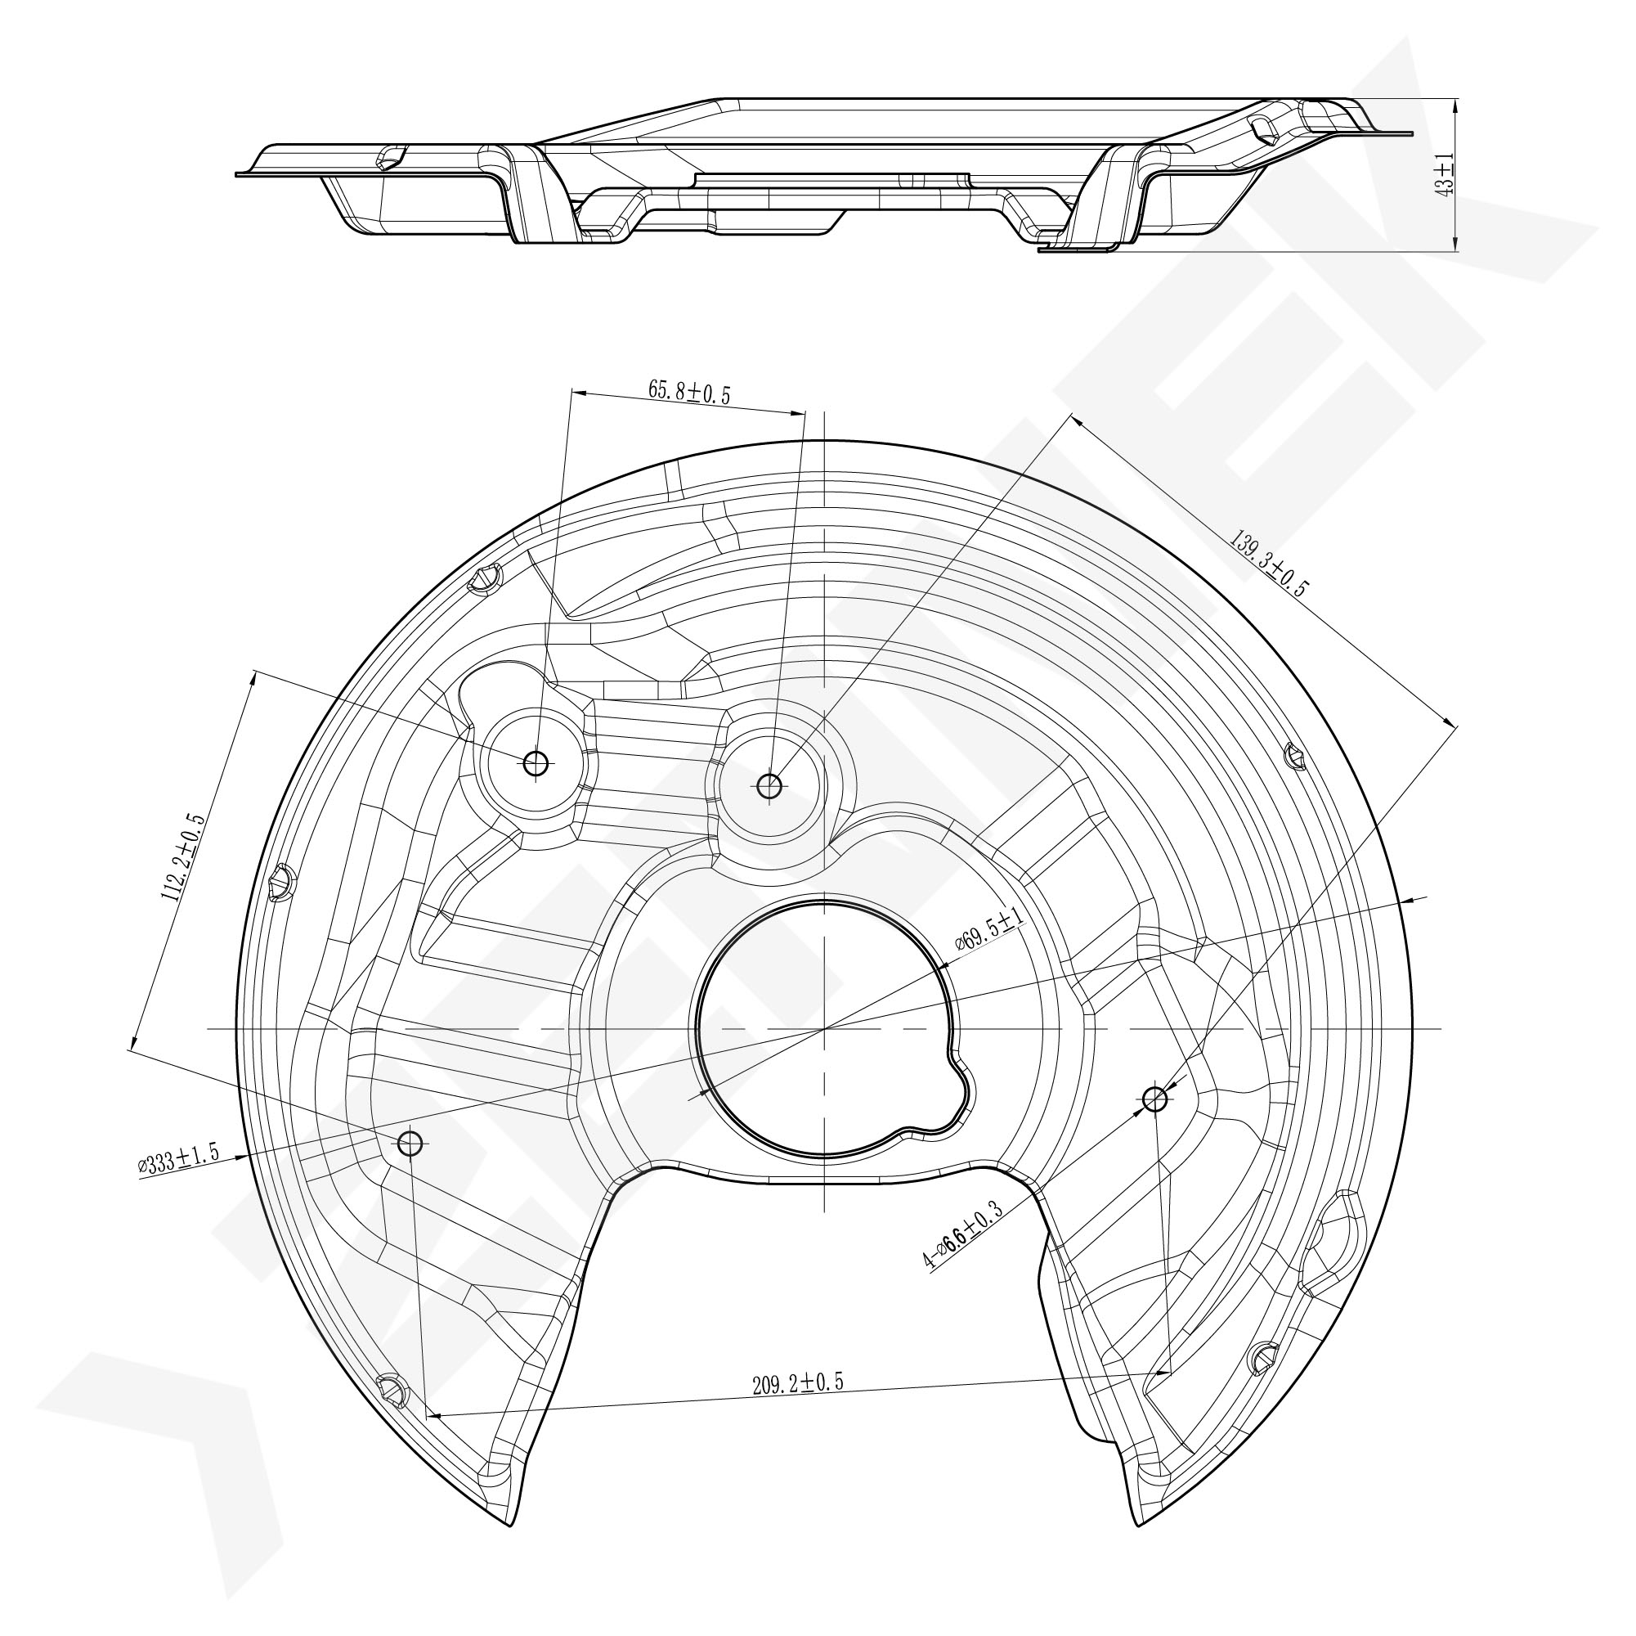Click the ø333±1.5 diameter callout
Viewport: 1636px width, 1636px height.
pyautogui.click(x=178, y=1159)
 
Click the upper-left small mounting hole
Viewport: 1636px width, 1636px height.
pyautogui.click(x=536, y=763)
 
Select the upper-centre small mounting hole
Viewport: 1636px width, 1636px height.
pyautogui.click(x=769, y=785)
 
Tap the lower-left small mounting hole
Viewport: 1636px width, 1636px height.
pyautogui.click(x=410, y=1143)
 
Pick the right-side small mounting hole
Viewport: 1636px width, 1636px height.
pyautogui.click(x=1155, y=1099)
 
